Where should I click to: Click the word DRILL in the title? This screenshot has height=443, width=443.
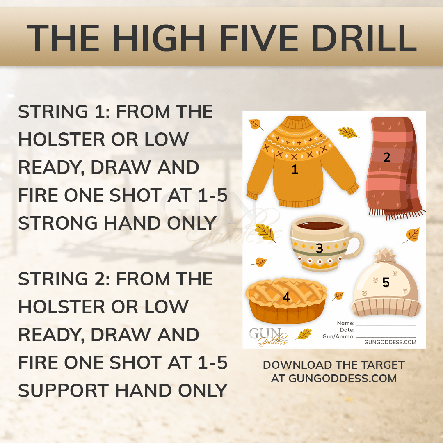pyautogui.click(x=364, y=38)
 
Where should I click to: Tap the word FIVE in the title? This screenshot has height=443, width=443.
pyautogui.click(x=258, y=38)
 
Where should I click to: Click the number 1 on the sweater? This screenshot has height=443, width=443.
pyautogui.click(x=295, y=169)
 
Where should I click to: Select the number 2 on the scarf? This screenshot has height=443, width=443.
pyautogui.click(x=387, y=157)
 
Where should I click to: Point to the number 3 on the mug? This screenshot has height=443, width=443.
pyautogui.click(x=320, y=248)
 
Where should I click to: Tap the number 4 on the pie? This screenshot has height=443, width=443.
pyautogui.click(x=286, y=297)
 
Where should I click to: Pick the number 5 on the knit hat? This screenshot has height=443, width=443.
pyautogui.click(x=386, y=282)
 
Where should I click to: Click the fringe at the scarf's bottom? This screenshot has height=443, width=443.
pyautogui.click(x=397, y=214)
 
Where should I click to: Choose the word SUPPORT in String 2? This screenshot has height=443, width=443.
pyautogui.click(x=64, y=390)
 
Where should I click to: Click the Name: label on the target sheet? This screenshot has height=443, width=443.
pyautogui.click(x=346, y=323)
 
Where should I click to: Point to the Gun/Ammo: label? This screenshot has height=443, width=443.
pyautogui.click(x=338, y=336)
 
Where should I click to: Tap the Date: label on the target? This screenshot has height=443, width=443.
pyautogui.click(x=347, y=330)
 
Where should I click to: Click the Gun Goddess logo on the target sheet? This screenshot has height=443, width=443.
pyautogui.click(x=268, y=336)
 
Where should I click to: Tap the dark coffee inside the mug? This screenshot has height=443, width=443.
pyautogui.click(x=320, y=226)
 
